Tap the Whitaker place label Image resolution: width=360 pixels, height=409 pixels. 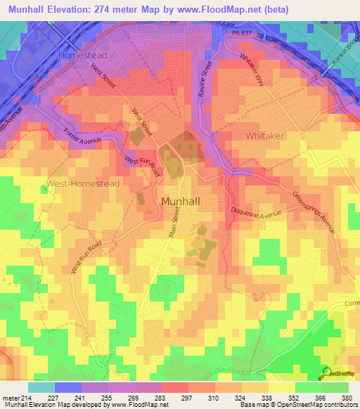pos(265,134)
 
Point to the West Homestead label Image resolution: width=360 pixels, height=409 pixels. pos(83,183)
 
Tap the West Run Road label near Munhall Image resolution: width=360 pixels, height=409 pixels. pos(143,166)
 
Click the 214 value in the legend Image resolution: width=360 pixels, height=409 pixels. pos(27,397)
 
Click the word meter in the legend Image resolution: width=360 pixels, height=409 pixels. pos(9,397)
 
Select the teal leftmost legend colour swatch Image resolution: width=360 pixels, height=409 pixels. pos(41,387)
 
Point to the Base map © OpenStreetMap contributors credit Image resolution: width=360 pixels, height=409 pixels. pos(297,405)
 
